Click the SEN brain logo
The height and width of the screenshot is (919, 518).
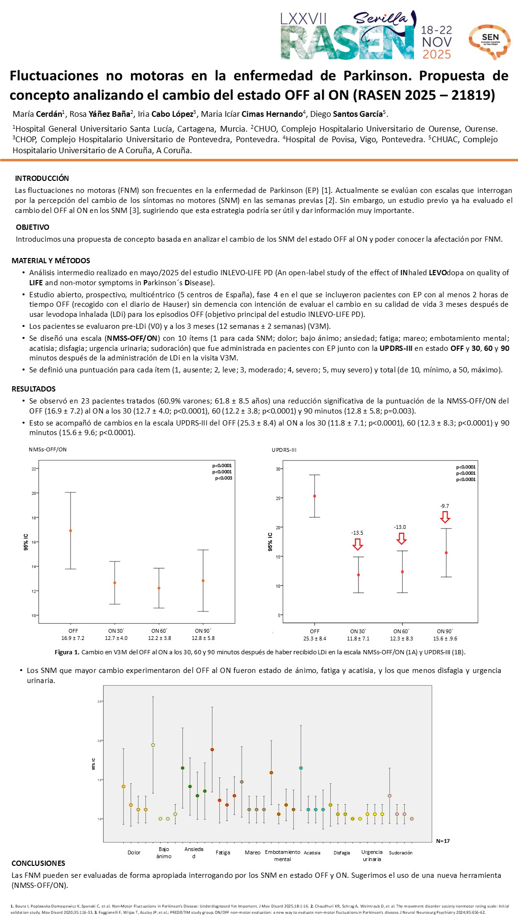[489, 41]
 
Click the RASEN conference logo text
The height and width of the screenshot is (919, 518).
[347, 43]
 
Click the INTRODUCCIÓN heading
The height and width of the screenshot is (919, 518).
[42, 179]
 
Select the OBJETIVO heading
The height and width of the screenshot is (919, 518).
[33, 227]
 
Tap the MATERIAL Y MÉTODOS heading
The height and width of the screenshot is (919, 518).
[51, 261]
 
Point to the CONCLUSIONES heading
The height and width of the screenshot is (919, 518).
[38, 863]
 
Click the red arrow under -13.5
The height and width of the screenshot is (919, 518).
[357, 544]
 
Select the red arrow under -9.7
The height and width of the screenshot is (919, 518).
[445, 517]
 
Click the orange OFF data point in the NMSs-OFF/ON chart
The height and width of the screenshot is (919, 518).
[70, 531]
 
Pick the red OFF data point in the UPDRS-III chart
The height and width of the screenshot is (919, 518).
[314, 496]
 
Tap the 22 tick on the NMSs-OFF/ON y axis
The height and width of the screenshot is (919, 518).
[34, 469]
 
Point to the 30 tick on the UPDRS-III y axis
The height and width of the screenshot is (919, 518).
[278, 469]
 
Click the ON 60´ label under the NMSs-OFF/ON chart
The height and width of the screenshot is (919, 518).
[159, 631]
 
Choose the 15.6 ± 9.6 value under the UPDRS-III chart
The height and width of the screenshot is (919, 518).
[445, 639]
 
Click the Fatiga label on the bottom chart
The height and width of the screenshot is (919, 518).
[223, 852]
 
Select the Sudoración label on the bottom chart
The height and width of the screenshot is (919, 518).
[401, 852]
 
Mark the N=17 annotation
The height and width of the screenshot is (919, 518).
[443, 841]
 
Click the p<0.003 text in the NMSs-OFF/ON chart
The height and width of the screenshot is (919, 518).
[223, 478]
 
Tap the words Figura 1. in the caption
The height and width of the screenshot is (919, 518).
[67, 652]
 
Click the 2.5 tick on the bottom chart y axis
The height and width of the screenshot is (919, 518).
[100, 701]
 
